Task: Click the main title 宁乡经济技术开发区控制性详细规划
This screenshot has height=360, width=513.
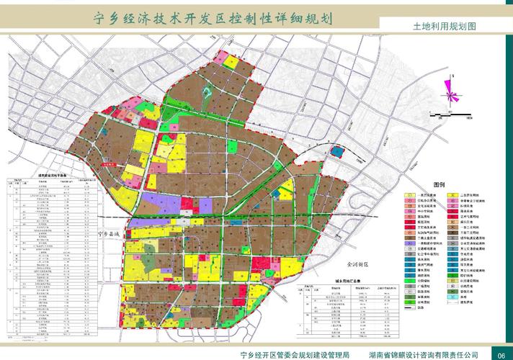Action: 214,19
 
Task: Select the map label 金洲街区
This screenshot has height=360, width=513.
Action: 356,264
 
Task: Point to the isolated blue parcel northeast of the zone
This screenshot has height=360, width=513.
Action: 336,150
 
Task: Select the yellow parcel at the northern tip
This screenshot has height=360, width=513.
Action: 230,62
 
